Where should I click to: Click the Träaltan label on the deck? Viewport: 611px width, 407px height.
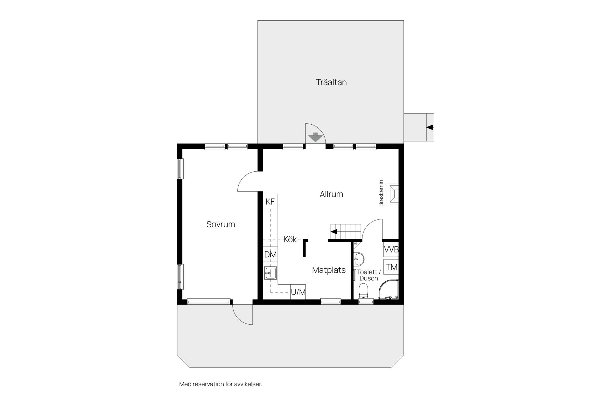click(331, 82)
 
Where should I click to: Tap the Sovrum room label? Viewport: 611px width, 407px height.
click(221, 224)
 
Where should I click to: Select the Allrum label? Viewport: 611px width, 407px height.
click(331, 194)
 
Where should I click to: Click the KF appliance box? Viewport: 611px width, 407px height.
click(270, 202)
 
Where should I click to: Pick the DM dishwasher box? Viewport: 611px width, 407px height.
click(270, 254)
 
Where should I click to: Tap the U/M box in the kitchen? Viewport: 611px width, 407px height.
click(298, 292)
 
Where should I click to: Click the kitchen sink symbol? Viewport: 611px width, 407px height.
click(270, 273)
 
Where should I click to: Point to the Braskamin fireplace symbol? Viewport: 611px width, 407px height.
click(392, 194)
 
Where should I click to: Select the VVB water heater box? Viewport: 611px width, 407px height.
click(391, 249)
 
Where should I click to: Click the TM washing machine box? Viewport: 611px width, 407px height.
click(391, 267)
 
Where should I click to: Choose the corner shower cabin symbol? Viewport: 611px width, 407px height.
click(389, 289)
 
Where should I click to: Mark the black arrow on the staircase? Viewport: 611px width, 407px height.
click(334, 231)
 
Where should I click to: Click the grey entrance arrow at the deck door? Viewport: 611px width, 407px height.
click(315, 137)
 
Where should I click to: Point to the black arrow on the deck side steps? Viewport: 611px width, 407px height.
click(430, 127)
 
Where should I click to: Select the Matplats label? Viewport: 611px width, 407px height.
click(329, 270)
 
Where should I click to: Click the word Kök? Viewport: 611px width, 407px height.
click(290, 239)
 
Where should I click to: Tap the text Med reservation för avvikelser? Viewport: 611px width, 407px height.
click(221, 384)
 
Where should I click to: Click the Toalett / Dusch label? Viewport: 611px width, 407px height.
click(369, 275)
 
